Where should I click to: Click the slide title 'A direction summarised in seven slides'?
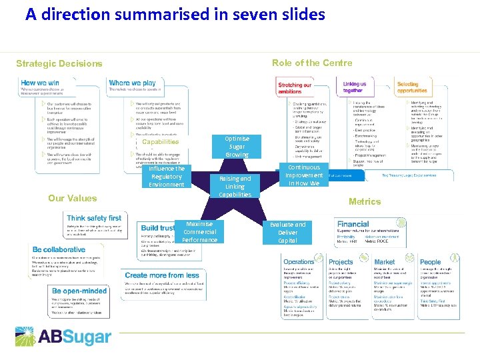[x=175, y=14]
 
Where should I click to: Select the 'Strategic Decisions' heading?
[x=59, y=64]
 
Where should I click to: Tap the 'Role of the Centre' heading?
[x=312, y=63]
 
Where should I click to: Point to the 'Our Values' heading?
[x=72, y=198]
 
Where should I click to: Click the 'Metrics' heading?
[x=364, y=201]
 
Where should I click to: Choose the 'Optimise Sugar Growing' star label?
[x=237, y=147]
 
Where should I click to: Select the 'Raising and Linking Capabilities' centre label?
[x=235, y=187]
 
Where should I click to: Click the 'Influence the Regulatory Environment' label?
[x=167, y=177]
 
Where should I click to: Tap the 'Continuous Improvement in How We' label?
[x=303, y=175]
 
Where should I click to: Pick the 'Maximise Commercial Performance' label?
[x=199, y=232]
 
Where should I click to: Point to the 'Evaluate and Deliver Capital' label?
[x=287, y=233]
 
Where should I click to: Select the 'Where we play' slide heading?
[x=133, y=83]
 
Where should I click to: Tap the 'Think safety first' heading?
[x=94, y=218]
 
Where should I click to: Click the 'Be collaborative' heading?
[x=59, y=250]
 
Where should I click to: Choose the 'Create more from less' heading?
[x=162, y=275]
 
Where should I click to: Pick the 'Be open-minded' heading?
[x=79, y=291]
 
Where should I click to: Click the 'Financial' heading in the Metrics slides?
[x=353, y=225]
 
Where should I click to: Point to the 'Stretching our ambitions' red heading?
[x=295, y=88]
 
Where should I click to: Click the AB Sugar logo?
[x=63, y=336]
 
